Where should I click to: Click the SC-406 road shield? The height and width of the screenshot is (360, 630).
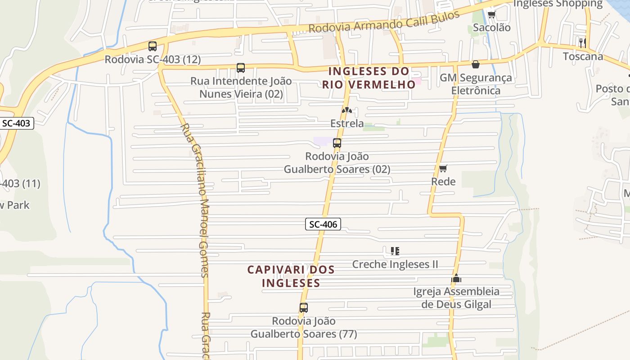click(323, 224)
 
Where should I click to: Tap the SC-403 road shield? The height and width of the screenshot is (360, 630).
click(16, 123)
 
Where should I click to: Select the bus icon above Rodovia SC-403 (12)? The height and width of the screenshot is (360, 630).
click(153, 46)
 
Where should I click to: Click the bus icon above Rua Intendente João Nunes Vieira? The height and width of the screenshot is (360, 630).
click(241, 68)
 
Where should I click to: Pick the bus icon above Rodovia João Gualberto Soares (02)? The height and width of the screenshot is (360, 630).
click(337, 144)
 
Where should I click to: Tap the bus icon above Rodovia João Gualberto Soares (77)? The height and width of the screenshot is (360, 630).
click(304, 308)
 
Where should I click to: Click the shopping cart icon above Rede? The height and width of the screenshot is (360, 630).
click(443, 169)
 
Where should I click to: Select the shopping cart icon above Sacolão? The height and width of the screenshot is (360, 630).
click(491, 14)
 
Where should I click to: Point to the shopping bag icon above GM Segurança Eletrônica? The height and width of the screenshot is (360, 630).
click(476, 65)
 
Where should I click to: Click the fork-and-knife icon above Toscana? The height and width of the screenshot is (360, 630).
click(582, 43)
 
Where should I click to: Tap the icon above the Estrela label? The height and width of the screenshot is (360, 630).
click(346, 110)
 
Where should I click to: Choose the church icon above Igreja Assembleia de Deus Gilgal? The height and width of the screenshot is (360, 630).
click(456, 279)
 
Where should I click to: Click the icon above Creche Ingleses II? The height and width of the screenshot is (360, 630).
click(395, 251)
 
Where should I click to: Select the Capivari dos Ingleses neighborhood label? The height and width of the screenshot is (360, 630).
click(291, 276)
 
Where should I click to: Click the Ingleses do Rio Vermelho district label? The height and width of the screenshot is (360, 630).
click(369, 78)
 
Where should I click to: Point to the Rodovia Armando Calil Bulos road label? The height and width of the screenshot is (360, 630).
click(384, 22)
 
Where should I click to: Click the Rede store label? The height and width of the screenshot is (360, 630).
click(443, 182)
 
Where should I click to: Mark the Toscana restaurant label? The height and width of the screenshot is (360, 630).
click(583, 57)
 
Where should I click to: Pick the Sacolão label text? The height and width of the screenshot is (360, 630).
click(491, 28)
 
